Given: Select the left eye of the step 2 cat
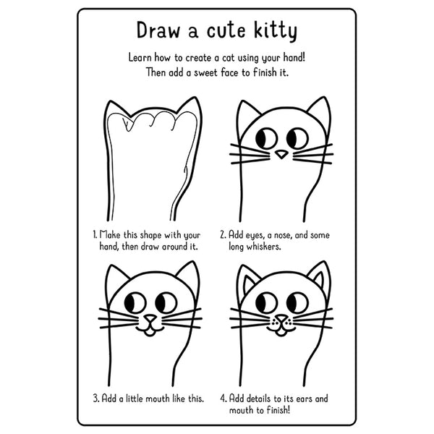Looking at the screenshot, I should (265, 135).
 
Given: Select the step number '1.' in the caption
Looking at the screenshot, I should (95, 234).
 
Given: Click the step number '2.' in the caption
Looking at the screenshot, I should (224, 234).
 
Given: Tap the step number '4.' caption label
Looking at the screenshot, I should (224, 398).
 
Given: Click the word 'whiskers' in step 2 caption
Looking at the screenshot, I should (268, 247).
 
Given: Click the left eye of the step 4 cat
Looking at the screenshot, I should (265, 300).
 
